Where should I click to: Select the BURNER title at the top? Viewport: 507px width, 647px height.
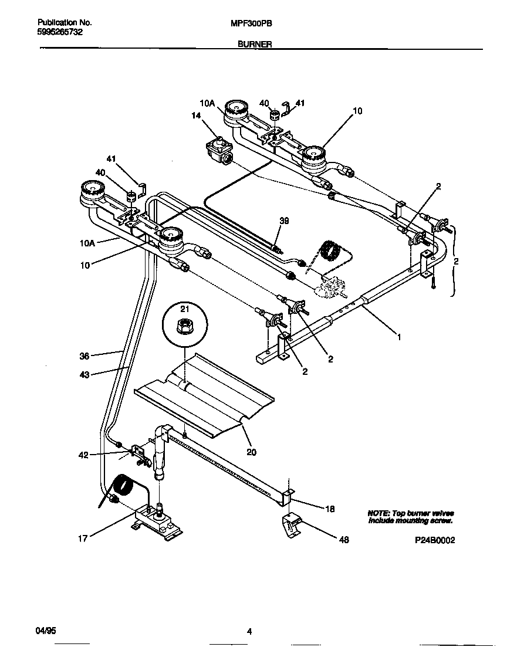point(254,44)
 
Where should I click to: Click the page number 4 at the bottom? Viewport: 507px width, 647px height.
point(249,632)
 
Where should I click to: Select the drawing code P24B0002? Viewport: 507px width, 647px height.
point(434,540)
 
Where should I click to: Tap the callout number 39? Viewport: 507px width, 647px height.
point(284,221)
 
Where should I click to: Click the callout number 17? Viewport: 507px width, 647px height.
point(83,538)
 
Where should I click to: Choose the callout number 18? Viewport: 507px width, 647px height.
point(330,509)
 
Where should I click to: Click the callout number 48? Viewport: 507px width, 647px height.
point(344,540)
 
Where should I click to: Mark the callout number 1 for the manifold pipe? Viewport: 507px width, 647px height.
point(399,337)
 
